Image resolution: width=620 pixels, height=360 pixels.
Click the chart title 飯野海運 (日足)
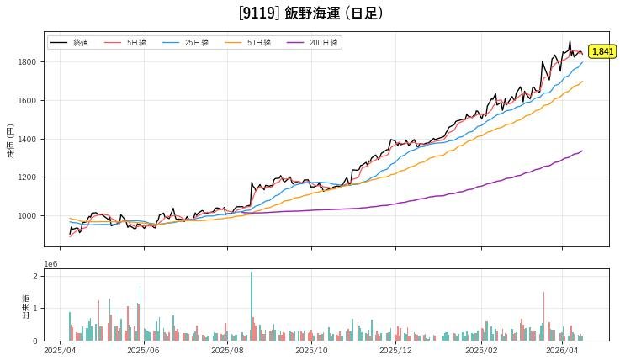click(310, 13)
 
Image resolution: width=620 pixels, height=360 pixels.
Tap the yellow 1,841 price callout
click(602, 51)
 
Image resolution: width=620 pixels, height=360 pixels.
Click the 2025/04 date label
click(59, 350)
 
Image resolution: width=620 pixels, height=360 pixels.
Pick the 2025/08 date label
click(227, 350)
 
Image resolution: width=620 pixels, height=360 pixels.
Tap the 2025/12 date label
click(395, 350)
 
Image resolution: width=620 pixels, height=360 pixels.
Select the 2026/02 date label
click(480, 350)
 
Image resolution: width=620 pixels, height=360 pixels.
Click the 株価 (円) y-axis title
click(11, 140)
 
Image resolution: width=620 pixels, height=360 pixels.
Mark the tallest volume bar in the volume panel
click(251, 306)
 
